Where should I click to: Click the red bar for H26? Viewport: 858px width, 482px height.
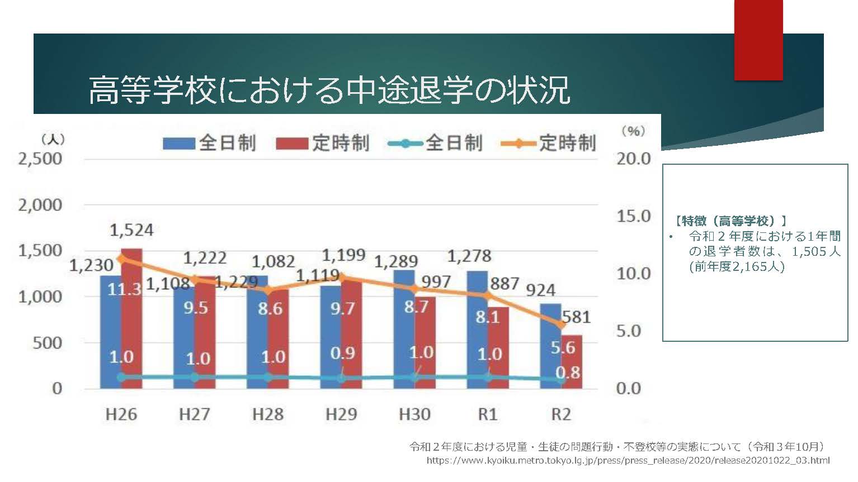pyautogui.click(x=132, y=318)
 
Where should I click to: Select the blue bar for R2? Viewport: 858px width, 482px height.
pyautogui.click(x=550, y=346)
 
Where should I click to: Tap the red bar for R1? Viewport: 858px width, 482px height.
pyautogui.click(x=498, y=349)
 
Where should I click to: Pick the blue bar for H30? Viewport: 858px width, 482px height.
pyautogui.click(x=404, y=330)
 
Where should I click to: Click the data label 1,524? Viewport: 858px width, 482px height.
pyautogui.click(x=131, y=230)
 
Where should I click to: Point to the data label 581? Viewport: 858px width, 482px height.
pyautogui.click(x=576, y=317)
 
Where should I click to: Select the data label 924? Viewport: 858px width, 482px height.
pyautogui.click(x=541, y=290)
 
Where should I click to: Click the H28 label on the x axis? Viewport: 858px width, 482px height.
pyautogui.click(x=267, y=414)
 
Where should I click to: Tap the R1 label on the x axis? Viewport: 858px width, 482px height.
pyautogui.click(x=488, y=414)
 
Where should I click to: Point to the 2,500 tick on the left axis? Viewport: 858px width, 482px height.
pyautogui.click(x=40, y=159)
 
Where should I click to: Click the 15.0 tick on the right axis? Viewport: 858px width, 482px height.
pyautogui.click(x=634, y=216)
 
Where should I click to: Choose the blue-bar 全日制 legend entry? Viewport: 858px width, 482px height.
pyautogui.click(x=209, y=143)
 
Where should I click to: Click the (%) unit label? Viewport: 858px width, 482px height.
pyautogui.click(x=633, y=131)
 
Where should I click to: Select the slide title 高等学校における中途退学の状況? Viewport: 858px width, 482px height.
pyautogui.click(x=329, y=89)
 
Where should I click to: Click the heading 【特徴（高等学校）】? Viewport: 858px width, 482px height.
pyautogui.click(x=731, y=221)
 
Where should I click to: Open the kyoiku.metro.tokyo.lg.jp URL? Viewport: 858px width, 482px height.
pyautogui.click(x=628, y=461)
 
